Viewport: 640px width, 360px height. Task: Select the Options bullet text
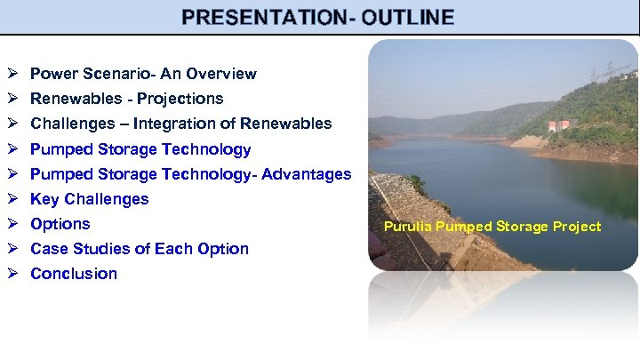click(60, 224)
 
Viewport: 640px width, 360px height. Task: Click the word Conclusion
click(74, 274)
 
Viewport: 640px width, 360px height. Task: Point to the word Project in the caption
click(578, 227)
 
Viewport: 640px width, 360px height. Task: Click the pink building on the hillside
click(558, 124)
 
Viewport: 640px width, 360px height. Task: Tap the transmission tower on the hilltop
click(612, 71)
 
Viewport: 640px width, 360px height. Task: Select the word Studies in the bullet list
click(102, 249)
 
